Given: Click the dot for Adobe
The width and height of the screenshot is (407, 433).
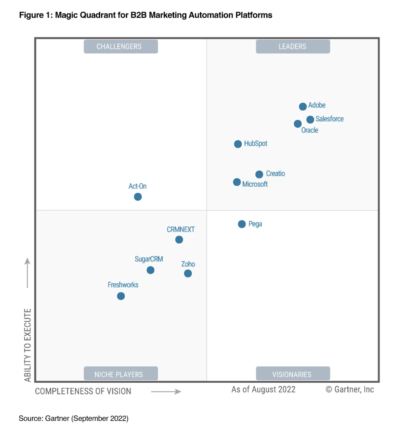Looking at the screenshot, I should [303, 107].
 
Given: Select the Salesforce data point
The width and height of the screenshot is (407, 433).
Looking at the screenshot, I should [310, 120].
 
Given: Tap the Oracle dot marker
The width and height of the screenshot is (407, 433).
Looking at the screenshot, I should [298, 124].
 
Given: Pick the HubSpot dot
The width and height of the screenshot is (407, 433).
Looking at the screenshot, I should [238, 144].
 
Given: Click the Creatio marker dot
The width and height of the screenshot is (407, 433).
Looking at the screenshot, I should [259, 174].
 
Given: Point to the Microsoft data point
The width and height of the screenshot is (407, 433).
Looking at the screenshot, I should [237, 182].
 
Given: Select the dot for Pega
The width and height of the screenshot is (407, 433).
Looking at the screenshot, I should [242, 224].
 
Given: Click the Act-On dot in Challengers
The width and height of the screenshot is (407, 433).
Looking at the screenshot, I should [138, 197].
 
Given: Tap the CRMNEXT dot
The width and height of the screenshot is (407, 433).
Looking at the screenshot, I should [179, 240].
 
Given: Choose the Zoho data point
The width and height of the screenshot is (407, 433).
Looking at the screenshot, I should [188, 274].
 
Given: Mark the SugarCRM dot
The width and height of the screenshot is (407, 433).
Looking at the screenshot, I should [150, 270].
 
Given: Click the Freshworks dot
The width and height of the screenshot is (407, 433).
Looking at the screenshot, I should [121, 296].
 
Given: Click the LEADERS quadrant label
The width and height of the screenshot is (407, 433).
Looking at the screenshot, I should [292, 47].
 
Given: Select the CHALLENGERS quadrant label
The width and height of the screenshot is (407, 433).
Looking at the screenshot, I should [120, 47].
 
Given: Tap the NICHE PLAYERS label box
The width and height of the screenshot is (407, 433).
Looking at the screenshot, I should [120, 374].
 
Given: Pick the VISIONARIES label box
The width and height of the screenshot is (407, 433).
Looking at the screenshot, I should [292, 374].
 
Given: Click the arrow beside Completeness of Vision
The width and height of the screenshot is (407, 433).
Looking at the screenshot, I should [166, 392].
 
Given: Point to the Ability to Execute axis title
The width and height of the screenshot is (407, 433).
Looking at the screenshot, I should [28, 345].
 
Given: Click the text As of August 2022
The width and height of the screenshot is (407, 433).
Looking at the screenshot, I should [263, 389].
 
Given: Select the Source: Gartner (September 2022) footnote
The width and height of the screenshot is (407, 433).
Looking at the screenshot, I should [73, 419].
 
